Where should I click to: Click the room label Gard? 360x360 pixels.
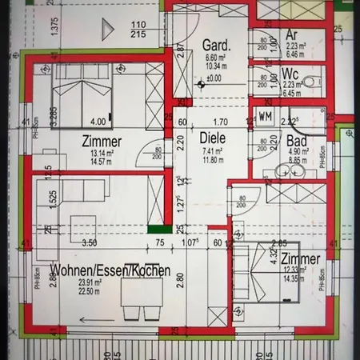[x=216, y=45]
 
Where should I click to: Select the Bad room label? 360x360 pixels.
[x=297, y=141]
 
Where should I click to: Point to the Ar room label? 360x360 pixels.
[x=292, y=35]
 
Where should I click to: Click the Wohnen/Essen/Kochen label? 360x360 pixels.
[x=109, y=270]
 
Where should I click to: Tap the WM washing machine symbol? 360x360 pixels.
[x=265, y=116]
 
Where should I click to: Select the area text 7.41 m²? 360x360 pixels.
[x=214, y=150]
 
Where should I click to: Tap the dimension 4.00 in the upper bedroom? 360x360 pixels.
[x=98, y=122]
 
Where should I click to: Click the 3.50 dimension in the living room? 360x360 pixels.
[x=89, y=242]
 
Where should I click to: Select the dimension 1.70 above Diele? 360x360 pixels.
[x=221, y=122]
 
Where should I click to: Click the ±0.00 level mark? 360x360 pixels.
[x=214, y=78]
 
